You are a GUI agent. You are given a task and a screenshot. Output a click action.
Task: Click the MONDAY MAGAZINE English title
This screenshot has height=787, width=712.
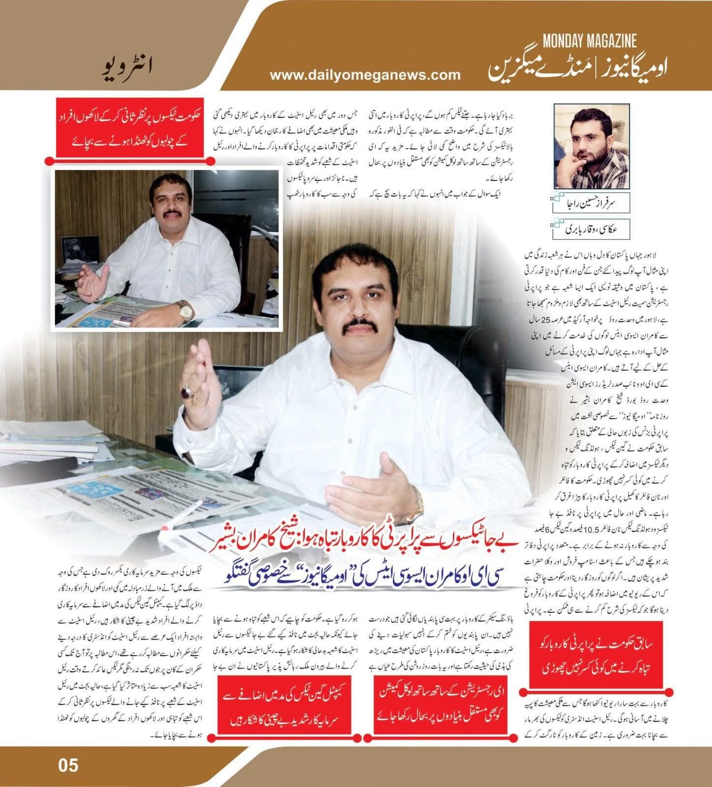(x=590, y=40)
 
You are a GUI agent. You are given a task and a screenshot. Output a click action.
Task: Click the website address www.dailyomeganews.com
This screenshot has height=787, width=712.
(x=365, y=75)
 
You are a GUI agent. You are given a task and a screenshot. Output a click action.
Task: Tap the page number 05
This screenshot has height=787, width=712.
(x=68, y=765)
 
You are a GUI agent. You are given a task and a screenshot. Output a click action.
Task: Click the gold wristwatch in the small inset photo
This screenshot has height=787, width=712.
(x=185, y=310)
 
